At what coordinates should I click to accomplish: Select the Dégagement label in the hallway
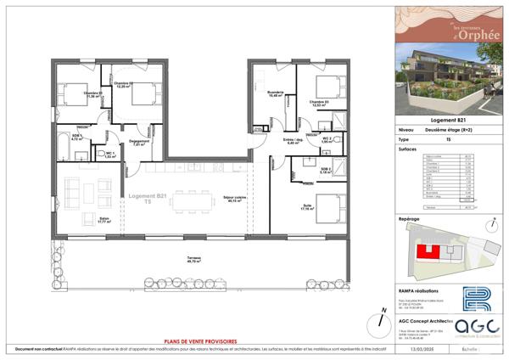[x=140, y=143]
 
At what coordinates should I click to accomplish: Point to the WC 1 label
[x=109, y=155]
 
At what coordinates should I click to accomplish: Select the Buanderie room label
[x=274, y=93]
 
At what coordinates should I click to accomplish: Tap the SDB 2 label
[x=327, y=171]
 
